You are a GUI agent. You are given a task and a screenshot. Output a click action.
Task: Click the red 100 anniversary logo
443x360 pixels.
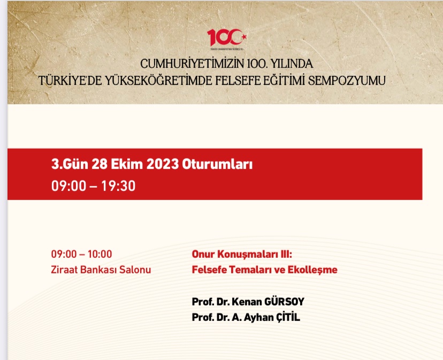[227, 38]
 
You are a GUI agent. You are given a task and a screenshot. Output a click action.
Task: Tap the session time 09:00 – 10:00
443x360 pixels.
[81, 255]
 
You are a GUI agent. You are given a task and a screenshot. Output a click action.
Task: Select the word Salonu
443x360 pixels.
[134, 270]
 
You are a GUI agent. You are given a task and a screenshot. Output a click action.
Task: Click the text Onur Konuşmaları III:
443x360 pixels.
[241, 255]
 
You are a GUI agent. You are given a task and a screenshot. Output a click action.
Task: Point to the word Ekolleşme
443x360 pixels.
[314, 270]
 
